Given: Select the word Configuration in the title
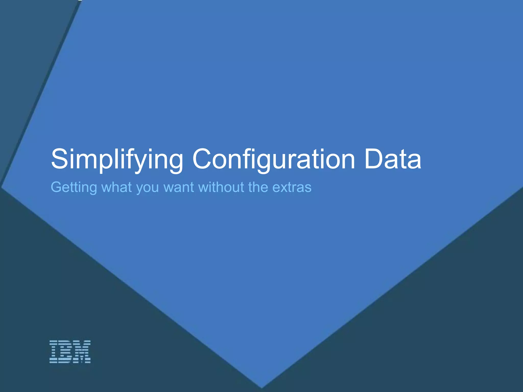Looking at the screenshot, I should click(274, 159).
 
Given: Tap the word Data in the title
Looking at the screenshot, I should click(393, 159).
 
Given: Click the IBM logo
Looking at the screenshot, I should click(70, 352).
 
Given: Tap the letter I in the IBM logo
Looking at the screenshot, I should click(54, 352).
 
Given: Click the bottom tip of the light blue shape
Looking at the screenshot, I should click(261, 387).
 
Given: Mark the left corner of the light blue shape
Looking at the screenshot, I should click(2, 188).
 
